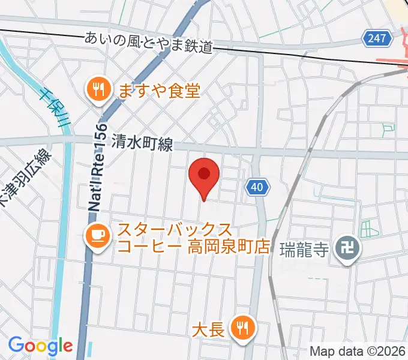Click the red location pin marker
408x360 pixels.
[x=204, y=176]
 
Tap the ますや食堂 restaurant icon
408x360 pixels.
[x=96, y=91]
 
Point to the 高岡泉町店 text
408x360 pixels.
[x=220, y=247]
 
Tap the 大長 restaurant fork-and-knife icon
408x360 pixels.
[x=242, y=328]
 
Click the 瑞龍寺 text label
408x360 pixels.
[x=304, y=249]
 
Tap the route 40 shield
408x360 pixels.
[x=256, y=188]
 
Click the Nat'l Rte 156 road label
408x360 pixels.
[x=98, y=167]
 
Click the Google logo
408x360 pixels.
[x=40, y=345]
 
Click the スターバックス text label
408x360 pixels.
[x=175, y=230]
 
